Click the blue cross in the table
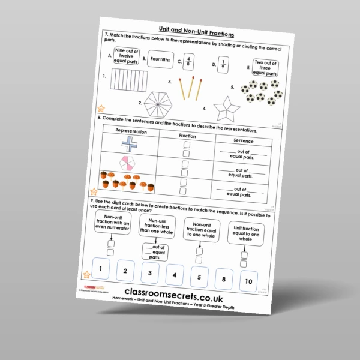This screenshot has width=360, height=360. [129, 145]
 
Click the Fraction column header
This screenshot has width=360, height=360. [188, 136]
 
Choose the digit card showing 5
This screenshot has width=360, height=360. [198, 277]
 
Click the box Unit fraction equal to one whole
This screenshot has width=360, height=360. [244, 234]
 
